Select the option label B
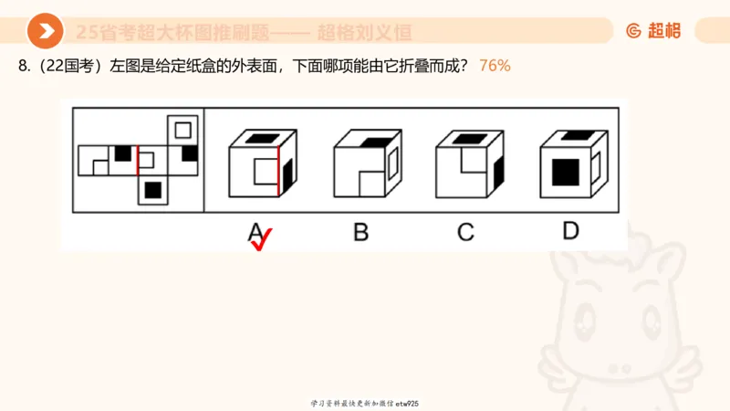(361, 232)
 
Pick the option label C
(465, 232)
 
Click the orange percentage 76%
(495, 66)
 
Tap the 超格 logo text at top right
(654, 31)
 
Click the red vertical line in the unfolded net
(138, 160)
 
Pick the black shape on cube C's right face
(497, 170)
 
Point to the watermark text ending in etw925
(364, 403)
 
